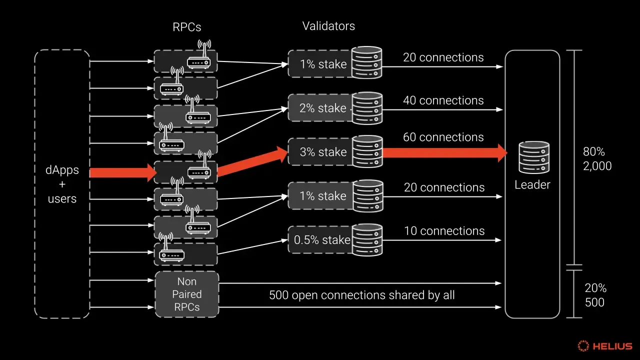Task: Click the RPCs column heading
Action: (187, 27)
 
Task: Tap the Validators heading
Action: (328, 26)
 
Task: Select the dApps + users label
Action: (62, 184)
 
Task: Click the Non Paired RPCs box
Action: (187, 294)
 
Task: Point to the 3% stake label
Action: (323, 152)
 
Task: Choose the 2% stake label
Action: (323, 108)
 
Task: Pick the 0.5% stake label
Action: (322, 240)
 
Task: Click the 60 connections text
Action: (443, 137)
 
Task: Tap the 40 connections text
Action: (443, 100)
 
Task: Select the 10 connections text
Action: (444, 231)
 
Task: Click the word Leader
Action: (532, 185)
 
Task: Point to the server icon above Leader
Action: (533, 156)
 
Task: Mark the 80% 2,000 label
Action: (597, 158)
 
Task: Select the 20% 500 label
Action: (595, 295)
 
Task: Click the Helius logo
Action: (605, 346)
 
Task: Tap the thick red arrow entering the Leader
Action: (445, 152)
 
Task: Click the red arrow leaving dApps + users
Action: (123, 173)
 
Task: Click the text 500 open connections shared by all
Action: (362, 295)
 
